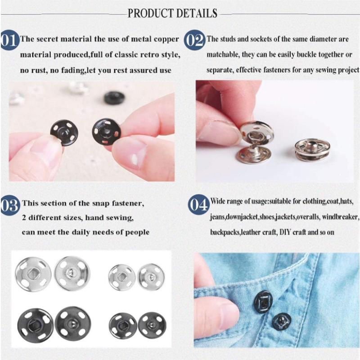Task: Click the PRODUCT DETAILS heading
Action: (172, 13)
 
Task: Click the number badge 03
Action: (9, 205)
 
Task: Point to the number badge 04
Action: (198, 205)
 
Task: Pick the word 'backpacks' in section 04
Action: (225, 233)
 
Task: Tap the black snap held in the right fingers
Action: (106, 131)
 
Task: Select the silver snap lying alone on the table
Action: (312, 149)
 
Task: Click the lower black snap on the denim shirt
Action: (282, 320)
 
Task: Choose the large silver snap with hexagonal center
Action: (33, 274)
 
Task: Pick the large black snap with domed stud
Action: (72, 323)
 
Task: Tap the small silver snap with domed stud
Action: (151, 276)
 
